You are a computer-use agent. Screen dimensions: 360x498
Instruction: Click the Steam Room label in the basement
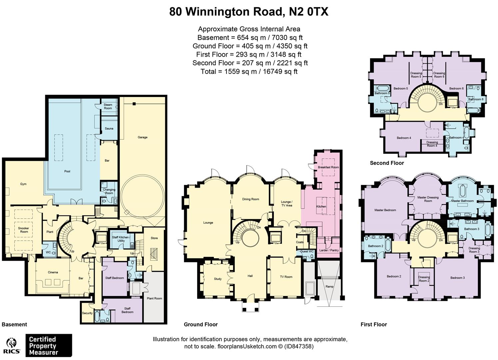tap(108, 106)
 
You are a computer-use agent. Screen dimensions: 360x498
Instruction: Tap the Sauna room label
tap(109, 128)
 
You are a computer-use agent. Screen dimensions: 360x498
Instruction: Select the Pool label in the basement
tap(67, 171)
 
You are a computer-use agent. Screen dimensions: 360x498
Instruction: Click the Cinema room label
tap(53, 272)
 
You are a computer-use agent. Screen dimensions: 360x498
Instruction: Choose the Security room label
tap(87, 313)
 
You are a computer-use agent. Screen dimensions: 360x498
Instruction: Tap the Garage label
tap(142, 137)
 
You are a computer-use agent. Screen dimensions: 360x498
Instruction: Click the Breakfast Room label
tap(328, 167)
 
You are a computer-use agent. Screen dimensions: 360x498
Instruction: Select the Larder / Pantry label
tap(328, 250)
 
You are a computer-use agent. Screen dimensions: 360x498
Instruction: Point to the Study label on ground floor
tap(218, 279)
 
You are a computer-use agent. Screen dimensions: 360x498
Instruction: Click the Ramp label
tap(329, 287)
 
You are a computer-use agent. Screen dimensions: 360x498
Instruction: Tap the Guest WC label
tap(307, 251)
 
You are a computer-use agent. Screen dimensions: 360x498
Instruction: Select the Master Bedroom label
tap(385, 210)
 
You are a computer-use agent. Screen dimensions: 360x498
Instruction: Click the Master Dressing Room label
tap(428, 199)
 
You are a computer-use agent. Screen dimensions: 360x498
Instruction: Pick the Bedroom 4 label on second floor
tap(404, 138)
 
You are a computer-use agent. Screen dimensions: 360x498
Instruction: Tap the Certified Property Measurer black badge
tap(49, 346)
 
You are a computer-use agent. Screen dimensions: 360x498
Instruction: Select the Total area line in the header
tap(249, 71)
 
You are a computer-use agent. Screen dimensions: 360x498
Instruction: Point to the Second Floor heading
tap(387, 163)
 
